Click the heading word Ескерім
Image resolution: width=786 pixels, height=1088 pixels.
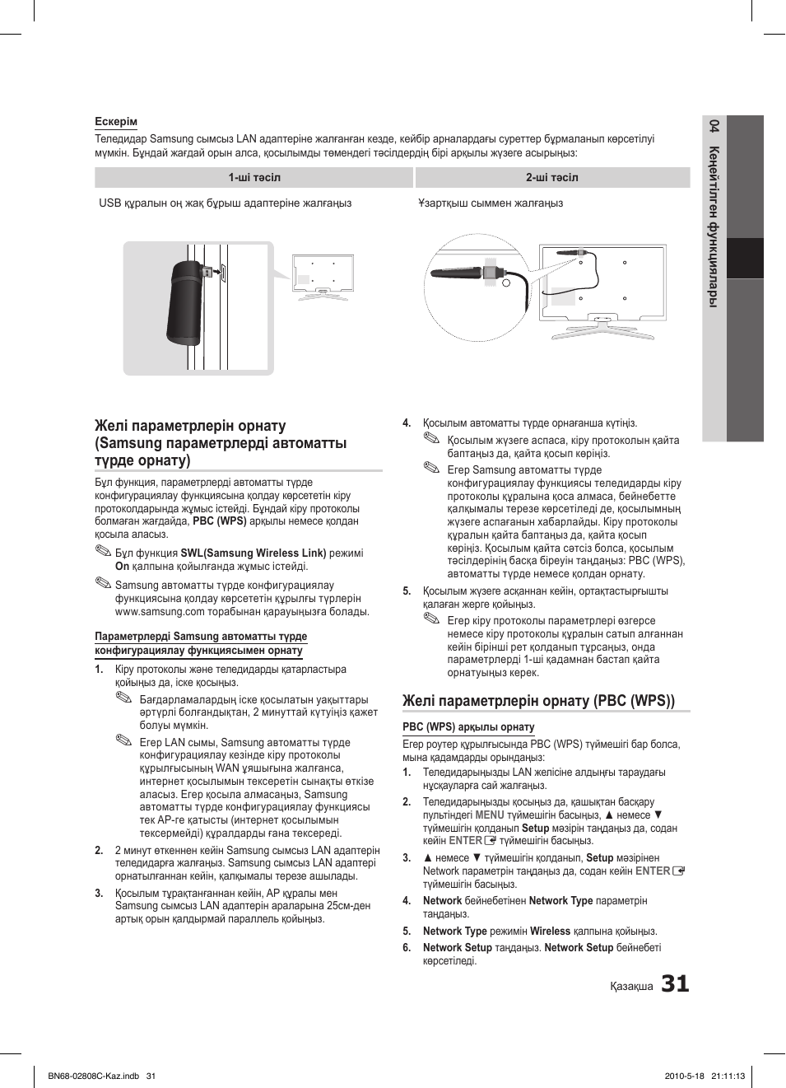coord(116,122)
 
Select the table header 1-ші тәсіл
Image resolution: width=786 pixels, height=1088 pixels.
coord(254,178)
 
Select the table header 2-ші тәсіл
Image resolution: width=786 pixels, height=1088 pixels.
coord(551,178)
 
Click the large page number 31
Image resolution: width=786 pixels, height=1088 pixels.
coord(675,983)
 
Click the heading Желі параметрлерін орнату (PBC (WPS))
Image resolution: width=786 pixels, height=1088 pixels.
coord(538,701)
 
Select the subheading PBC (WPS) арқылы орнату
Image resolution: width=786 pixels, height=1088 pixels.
coord(468,727)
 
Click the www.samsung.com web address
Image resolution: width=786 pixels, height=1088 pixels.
coord(160,612)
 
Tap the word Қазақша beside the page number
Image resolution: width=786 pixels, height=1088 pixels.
coord(631,987)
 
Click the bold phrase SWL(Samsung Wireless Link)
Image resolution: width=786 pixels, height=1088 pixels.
coord(253,553)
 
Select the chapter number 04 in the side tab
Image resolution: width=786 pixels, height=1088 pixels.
coord(714,126)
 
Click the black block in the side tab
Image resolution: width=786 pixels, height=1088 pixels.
coord(745,259)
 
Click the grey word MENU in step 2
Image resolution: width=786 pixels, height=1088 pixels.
coord(490,815)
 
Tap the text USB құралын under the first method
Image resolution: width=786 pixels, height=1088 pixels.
coord(122,203)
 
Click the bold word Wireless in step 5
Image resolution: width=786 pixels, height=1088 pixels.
coord(550,932)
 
